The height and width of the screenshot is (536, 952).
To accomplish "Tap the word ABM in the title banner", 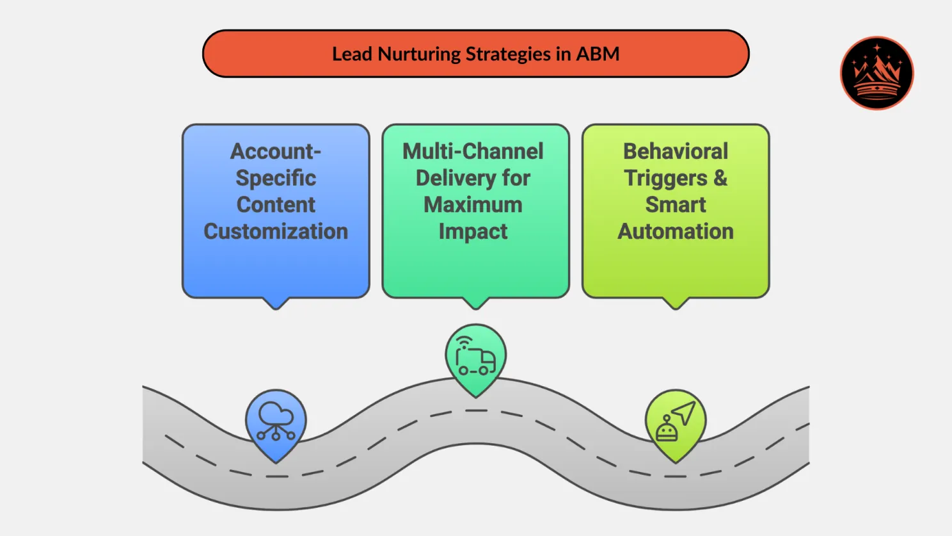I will click(598, 54).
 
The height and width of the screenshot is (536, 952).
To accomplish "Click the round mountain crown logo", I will click(877, 73).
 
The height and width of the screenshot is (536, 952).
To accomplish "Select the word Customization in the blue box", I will click(276, 231).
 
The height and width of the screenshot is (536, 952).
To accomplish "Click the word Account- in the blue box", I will click(276, 152).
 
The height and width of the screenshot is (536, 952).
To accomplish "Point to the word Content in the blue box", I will click(276, 205).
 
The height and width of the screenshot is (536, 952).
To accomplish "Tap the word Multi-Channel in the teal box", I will click(473, 152).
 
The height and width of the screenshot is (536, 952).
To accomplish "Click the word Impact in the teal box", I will click(473, 231).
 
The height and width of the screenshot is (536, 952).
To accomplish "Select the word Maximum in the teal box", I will click(473, 205).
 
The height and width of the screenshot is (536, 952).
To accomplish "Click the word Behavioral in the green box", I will click(676, 152).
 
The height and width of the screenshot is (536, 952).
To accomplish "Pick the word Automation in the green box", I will click(676, 231).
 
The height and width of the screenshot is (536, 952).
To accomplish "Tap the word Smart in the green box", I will click(676, 205).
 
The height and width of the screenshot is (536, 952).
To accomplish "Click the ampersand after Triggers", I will click(720, 178).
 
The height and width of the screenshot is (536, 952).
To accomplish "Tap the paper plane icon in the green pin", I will click(684, 412).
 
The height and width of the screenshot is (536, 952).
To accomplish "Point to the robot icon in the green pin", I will click(666, 429).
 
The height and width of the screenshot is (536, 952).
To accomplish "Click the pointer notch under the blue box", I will click(276, 303).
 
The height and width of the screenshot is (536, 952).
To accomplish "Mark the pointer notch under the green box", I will click(676, 303).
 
